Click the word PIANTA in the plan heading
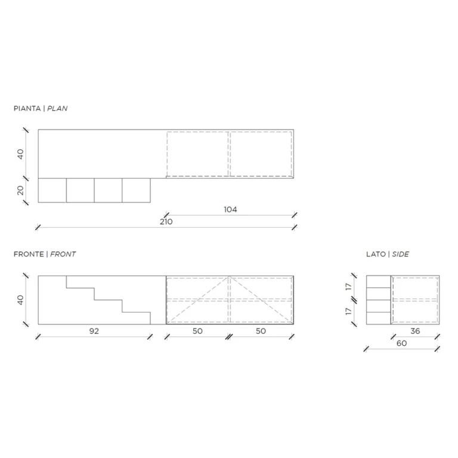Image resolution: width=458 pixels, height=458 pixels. click(27, 109)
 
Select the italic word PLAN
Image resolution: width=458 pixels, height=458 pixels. click(57, 109)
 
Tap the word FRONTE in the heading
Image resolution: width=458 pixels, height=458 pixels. click(29, 254)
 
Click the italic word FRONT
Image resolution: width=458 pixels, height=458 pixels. click(63, 254)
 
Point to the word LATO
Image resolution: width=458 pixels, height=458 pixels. click(376, 254)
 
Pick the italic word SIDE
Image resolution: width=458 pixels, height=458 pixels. click(400, 254)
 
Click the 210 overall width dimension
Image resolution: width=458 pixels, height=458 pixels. click(166, 222)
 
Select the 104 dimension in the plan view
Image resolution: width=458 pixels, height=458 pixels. click(230, 209)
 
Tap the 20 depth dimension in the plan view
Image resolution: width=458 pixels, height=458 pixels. click(20, 190)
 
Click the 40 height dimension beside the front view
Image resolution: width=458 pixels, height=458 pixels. click(20, 300)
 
